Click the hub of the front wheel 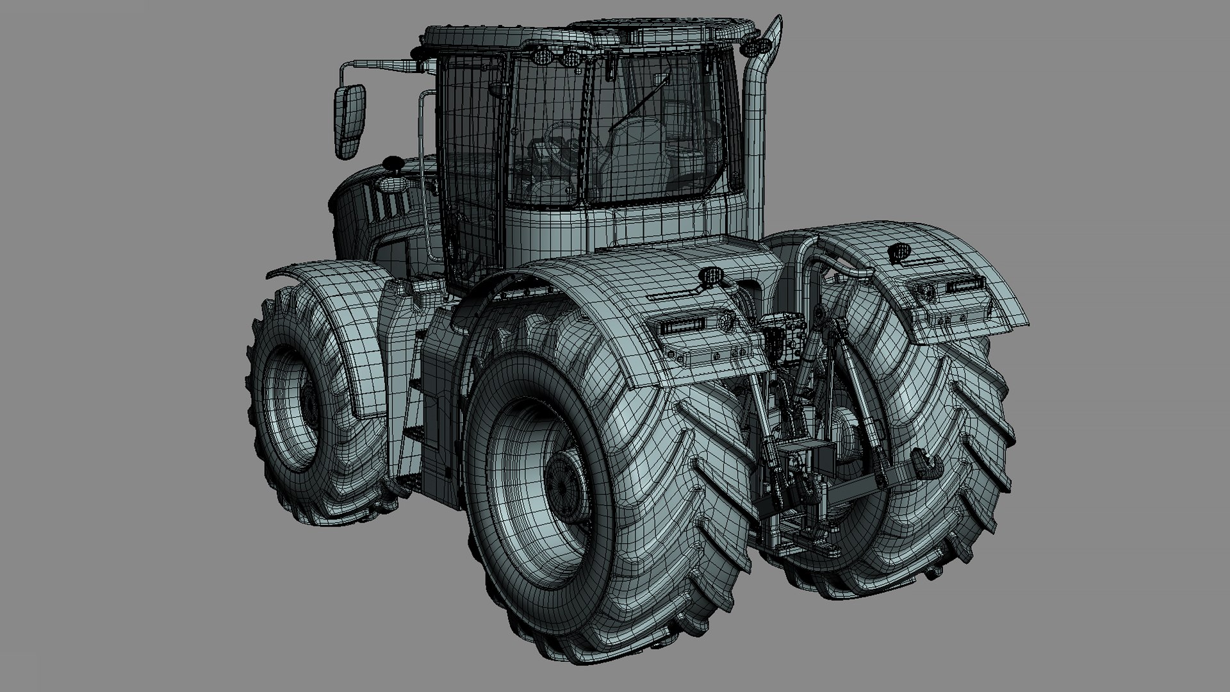tap(309, 403)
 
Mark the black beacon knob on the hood tap(393, 165)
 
